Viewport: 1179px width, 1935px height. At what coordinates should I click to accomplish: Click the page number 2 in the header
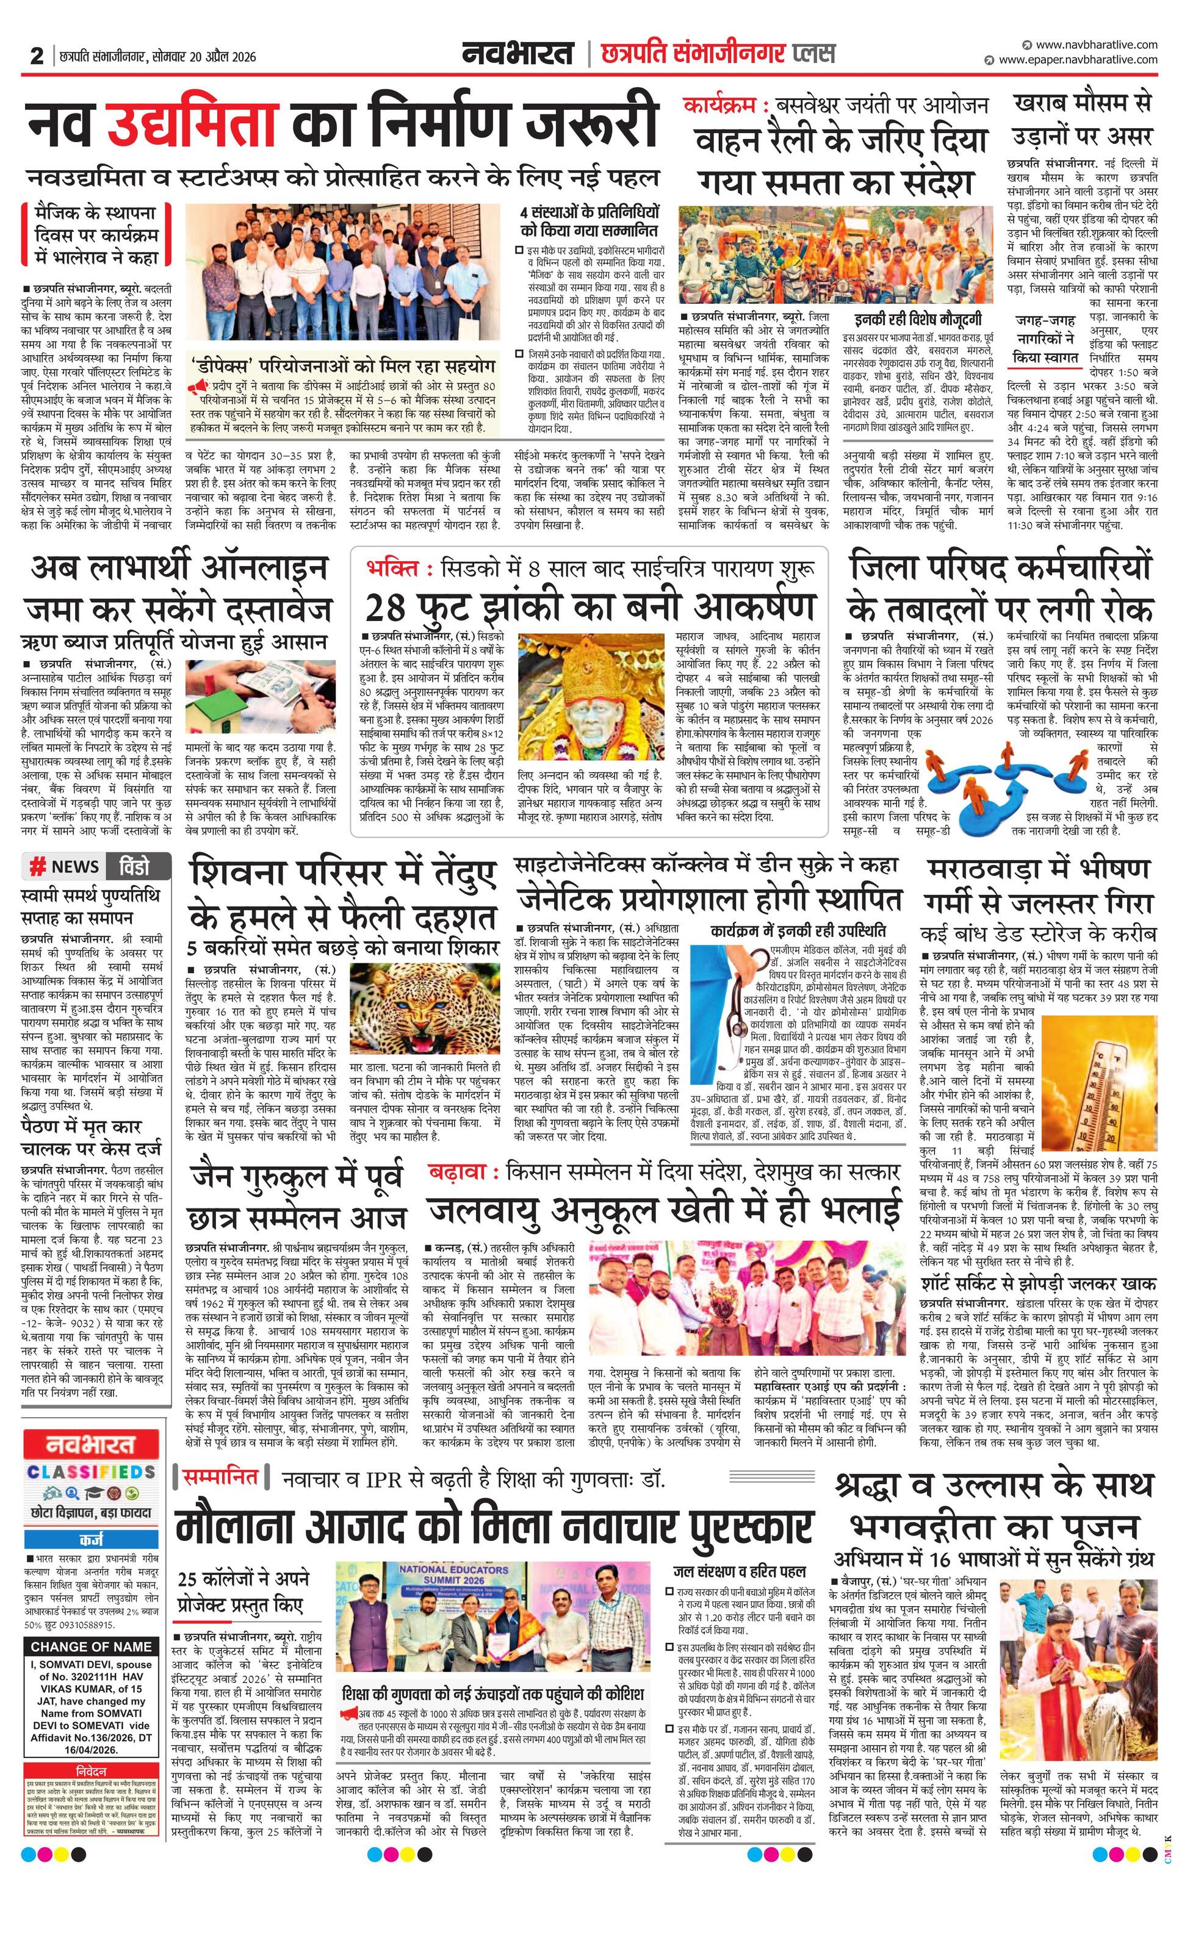tap(37, 57)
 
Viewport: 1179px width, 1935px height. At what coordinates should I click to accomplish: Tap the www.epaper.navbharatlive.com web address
tap(1078, 60)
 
